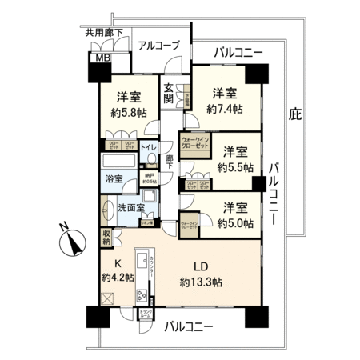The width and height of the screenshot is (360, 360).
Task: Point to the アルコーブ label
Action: [x=158, y=46]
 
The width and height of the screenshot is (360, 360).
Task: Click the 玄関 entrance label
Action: [x=170, y=94]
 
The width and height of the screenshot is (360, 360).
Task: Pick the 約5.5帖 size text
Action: [x=235, y=167]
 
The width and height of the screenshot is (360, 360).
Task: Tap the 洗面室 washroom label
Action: [x=131, y=207]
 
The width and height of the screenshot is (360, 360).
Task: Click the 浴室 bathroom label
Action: [x=114, y=179]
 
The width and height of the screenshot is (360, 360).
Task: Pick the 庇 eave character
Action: [x=295, y=114]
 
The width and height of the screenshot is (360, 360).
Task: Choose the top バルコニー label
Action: [x=238, y=53]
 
